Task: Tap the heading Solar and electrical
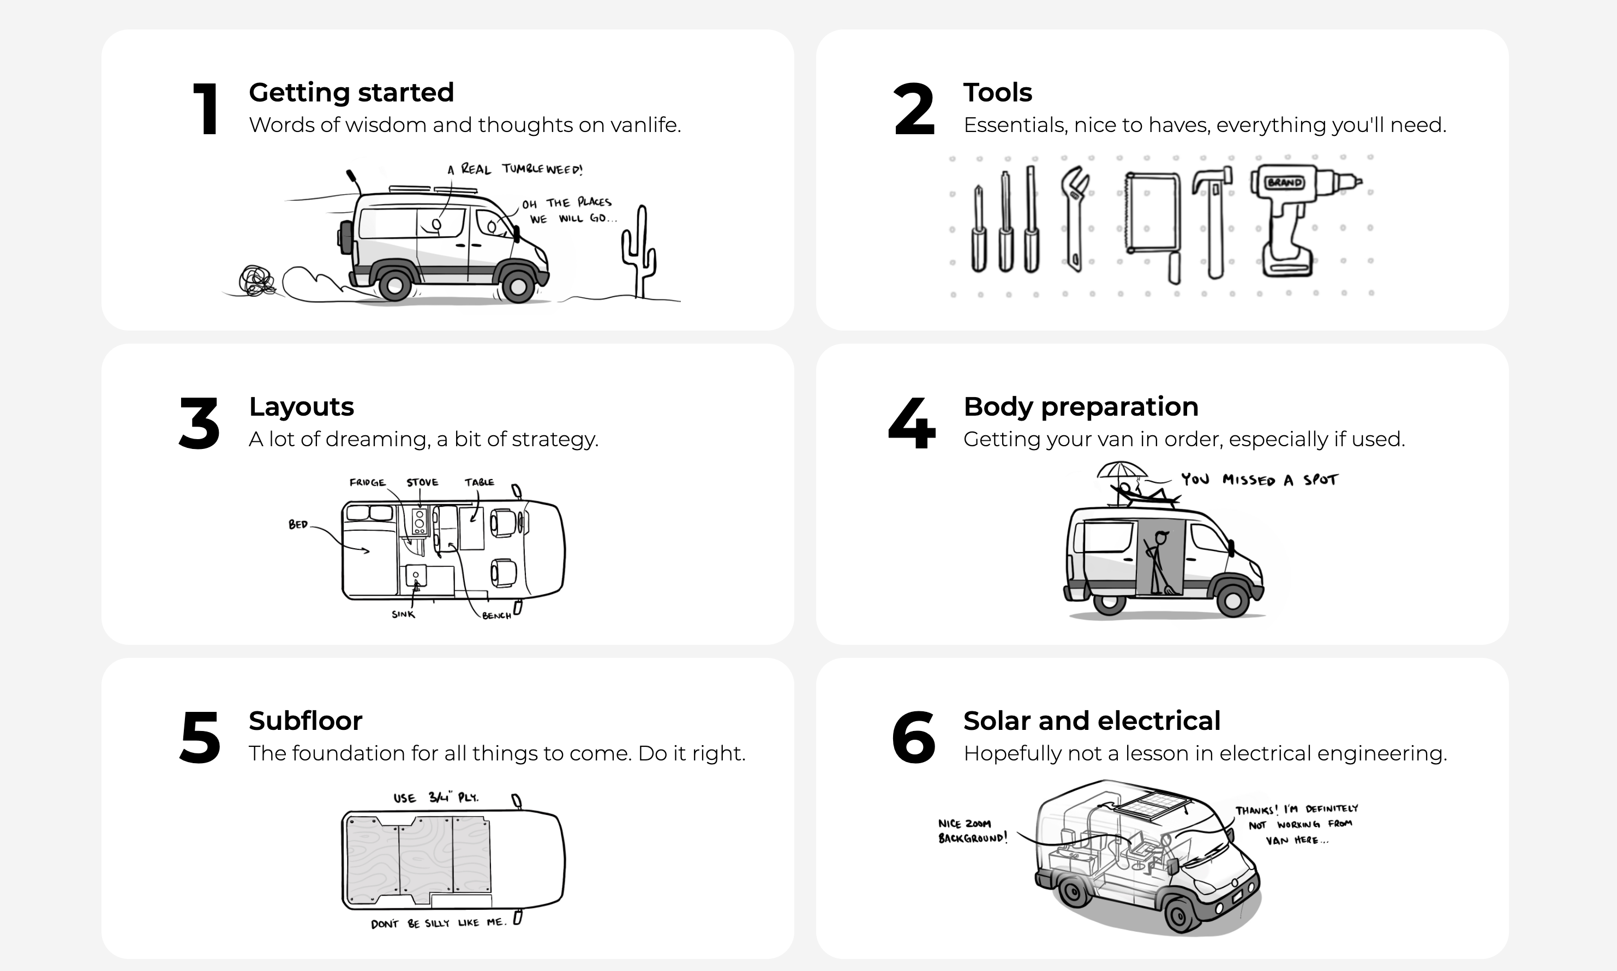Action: pos(1092,721)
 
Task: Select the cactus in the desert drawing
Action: pos(639,252)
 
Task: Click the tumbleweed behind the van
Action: pos(256,282)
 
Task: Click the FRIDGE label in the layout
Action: pos(367,482)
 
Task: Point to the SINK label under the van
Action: pos(403,614)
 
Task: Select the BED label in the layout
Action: pos(298,524)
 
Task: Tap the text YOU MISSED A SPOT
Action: pos(1259,479)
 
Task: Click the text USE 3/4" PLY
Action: pos(436,798)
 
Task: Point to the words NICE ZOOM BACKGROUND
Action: pos(971,831)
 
